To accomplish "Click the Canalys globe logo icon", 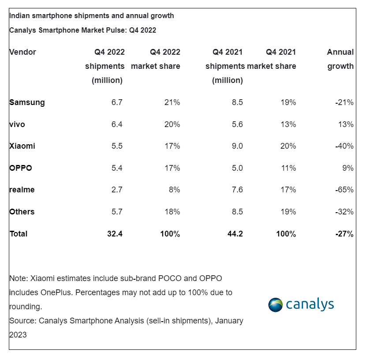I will (276, 305).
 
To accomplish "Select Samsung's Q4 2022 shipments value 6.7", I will (117, 102).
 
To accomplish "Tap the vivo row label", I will (17, 124).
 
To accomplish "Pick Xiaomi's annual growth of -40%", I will (344, 146).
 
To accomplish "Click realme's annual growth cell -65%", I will (344, 190).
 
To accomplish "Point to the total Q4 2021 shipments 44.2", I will (234, 234).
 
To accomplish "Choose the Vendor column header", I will (22, 52).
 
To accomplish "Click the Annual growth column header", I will (340, 59).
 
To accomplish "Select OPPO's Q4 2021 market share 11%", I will (288, 168).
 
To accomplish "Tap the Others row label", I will (22, 212).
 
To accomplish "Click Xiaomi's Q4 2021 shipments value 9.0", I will (237, 146).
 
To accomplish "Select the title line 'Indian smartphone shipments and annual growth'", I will (92, 16).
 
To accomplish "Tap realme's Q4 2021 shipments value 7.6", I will (237, 190).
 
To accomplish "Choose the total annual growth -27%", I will (344, 234).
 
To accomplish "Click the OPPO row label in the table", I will (21, 168).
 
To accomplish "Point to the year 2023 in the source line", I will (18, 335).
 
